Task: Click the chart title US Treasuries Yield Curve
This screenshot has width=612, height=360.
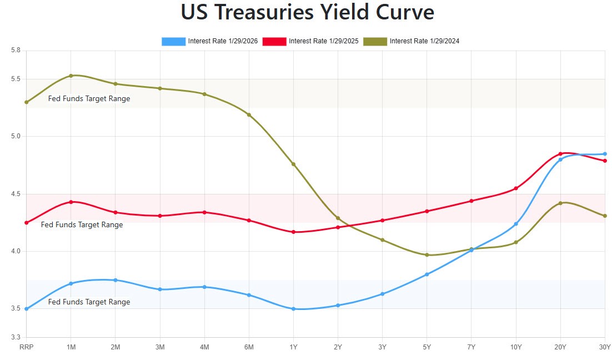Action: coord(307,12)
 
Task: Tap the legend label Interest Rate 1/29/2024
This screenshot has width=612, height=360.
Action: coord(424,41)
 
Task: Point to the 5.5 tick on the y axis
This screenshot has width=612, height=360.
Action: coord(16,79)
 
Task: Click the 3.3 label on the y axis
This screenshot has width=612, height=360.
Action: coord(16,337)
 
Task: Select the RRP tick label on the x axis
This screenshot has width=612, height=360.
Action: coord(26,347)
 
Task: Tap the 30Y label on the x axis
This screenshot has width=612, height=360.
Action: coord(604,347)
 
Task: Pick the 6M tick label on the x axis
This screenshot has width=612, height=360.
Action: coord(249,347)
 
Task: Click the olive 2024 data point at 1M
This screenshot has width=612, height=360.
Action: coord(71,76)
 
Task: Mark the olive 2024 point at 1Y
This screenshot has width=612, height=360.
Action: coord(293,164)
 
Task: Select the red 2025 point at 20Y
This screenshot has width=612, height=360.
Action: coord(560,154)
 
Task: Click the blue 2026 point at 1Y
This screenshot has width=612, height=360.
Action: coord(293,309)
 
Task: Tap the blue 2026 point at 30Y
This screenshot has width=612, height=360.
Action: coord(605,154)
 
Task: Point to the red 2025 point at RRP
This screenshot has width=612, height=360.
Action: coord(26,223)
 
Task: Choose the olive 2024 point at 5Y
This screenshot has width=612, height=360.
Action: coord(427,255)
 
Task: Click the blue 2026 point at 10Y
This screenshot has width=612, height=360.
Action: coord(516,224)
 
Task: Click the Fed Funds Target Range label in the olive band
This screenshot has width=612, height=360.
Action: coord(89,99)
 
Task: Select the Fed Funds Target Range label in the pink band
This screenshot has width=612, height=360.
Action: coord(82,225)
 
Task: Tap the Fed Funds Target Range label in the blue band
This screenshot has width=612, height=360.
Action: coord(89,302)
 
